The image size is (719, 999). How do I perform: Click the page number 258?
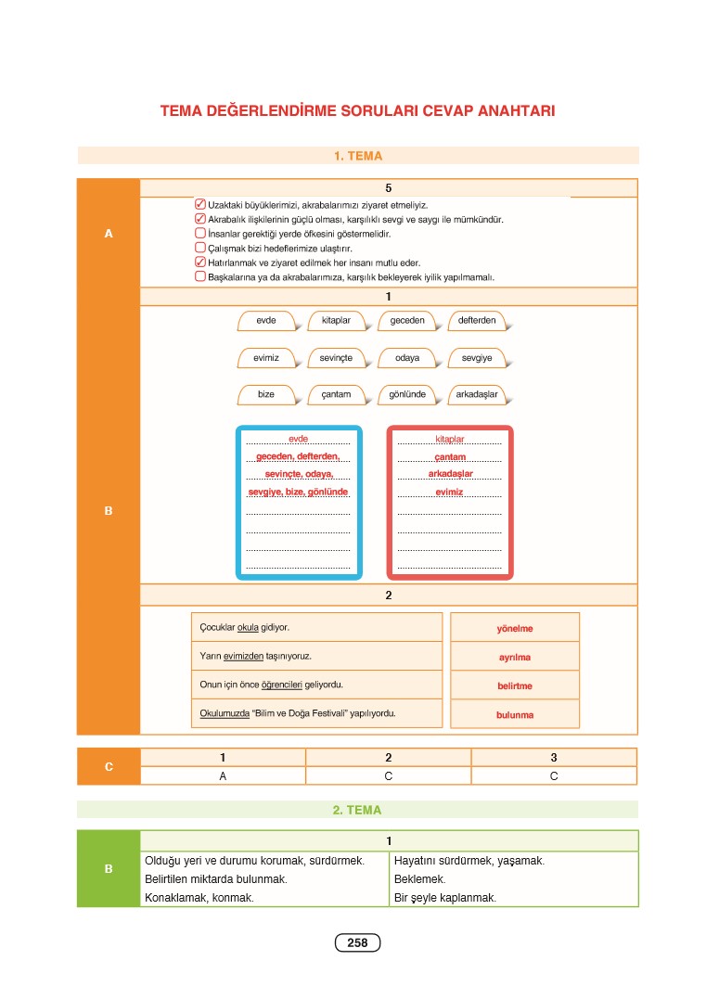pyautogui.click(x=357, y=943)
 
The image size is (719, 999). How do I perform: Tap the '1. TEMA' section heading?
pyautogui.click(x=358, y=157)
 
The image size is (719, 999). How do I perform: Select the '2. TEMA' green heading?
pyautogui.click(x=357, y=810)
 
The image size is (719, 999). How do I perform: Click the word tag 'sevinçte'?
pyautogui.click(x=336, y=358)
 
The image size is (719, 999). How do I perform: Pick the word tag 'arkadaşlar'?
pyautogui.click(x=478, y=394)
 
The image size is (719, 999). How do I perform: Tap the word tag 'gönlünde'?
pyautogui.click(x=406, y=394)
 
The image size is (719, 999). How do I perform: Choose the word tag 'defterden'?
pyautogui.click(x=478, y=321)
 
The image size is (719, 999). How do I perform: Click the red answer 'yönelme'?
pyautogui.click(x=515, y=629)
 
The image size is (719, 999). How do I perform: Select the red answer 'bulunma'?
pyautogui.click(x=515, y=715)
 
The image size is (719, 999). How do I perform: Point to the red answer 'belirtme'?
pyautogui.click(x=515, y=686)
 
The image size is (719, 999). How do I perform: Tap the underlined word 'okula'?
pyautogui.click(x=248, y=628)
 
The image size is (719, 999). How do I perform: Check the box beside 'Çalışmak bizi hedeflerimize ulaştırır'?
pyautogui.click(x=200, y=249)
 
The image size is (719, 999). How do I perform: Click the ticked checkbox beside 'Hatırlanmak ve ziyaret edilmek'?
pyautogui.click(x=200, y=263)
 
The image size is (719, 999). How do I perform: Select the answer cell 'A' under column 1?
pyautogui.click(x=223, y=776)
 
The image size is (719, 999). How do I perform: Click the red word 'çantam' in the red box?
pyautogui.click(x=450, y=457)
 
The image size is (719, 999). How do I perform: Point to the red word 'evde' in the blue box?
pyautogui.click(x=298, y=439)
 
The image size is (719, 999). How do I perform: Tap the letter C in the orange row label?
pyautogui.click(x=109, y=767)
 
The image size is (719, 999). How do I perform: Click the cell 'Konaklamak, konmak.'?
pyautogui.click(x=199, y=898)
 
